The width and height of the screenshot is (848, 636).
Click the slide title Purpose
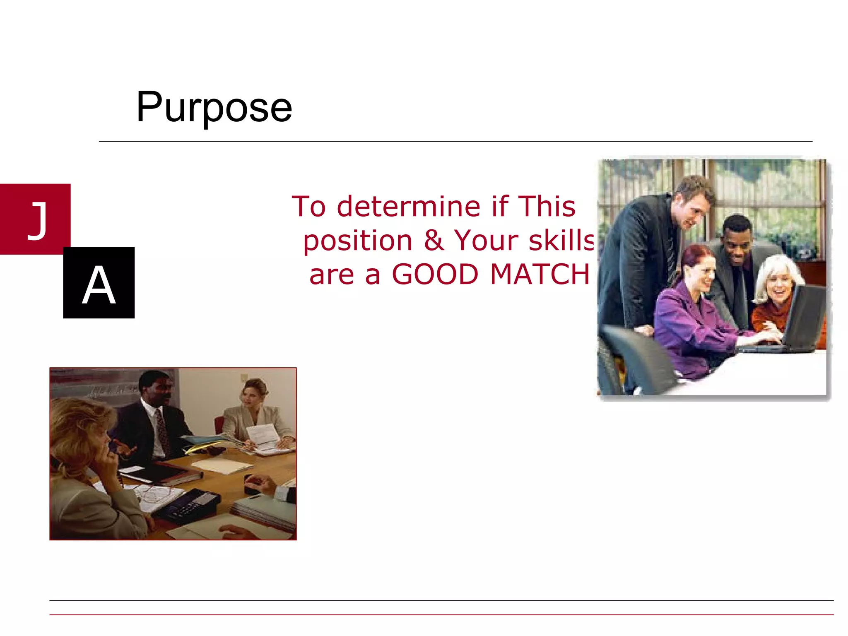tap(214, 107)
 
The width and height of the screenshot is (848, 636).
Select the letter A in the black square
tap(99, 284)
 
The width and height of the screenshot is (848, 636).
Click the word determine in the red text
tap(409, 206)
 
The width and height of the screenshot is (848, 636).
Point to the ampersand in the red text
tap(434, 240)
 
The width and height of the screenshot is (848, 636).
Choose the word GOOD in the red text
tap(435, 274)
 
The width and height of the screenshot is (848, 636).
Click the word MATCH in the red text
tap(540, 274)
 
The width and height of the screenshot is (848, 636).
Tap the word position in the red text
tap(358, 241)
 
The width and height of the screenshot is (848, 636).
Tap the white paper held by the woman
tap(263, 435)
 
